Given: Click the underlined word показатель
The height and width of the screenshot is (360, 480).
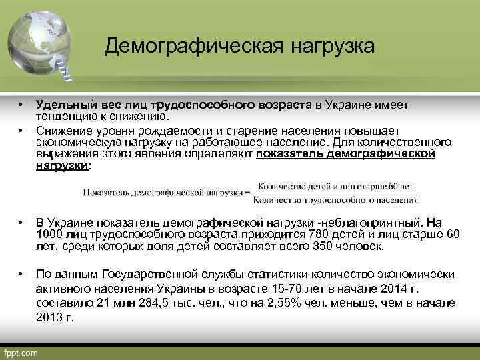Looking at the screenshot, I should [x=289, y=154].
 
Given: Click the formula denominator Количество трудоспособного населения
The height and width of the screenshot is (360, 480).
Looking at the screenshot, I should [x=336, y=198].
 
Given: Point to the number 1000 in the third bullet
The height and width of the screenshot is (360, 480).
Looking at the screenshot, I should [x=49, y=234].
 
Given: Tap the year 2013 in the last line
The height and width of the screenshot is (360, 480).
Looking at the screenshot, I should [x=49, y=317].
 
